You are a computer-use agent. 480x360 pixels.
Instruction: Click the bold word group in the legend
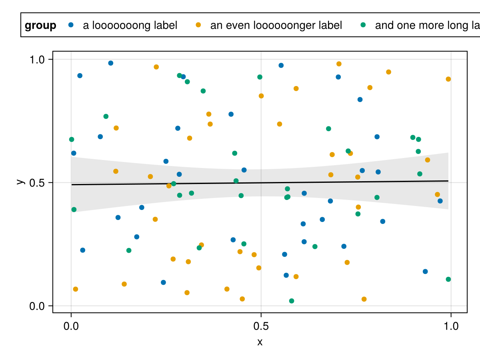pos(40,26)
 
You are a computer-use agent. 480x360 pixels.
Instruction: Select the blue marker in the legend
pos(71,25)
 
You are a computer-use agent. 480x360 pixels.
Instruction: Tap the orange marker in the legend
pos(198,25)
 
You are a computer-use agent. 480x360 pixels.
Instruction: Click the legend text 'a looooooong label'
pos(130,26)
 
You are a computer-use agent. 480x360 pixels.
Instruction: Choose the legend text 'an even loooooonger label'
pos(276,26)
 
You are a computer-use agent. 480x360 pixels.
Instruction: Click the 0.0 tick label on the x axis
pos(71,326)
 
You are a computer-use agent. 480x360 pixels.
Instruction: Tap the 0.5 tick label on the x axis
pos(261,326)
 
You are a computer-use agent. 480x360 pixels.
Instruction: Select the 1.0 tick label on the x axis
pos(451,326)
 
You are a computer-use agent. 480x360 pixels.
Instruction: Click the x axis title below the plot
pos(260,342)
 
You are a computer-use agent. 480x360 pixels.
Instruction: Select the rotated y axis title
pos(19,181)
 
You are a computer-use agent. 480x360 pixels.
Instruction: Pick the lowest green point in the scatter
pos(292,301)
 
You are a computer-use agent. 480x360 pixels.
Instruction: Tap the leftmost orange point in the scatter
pos(76,289)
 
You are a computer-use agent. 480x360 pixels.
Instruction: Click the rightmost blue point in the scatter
pos(440,201)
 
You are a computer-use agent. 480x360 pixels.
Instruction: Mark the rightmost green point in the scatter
pos(448,279)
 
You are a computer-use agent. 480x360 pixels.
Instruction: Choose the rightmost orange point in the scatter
pos(448,79)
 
